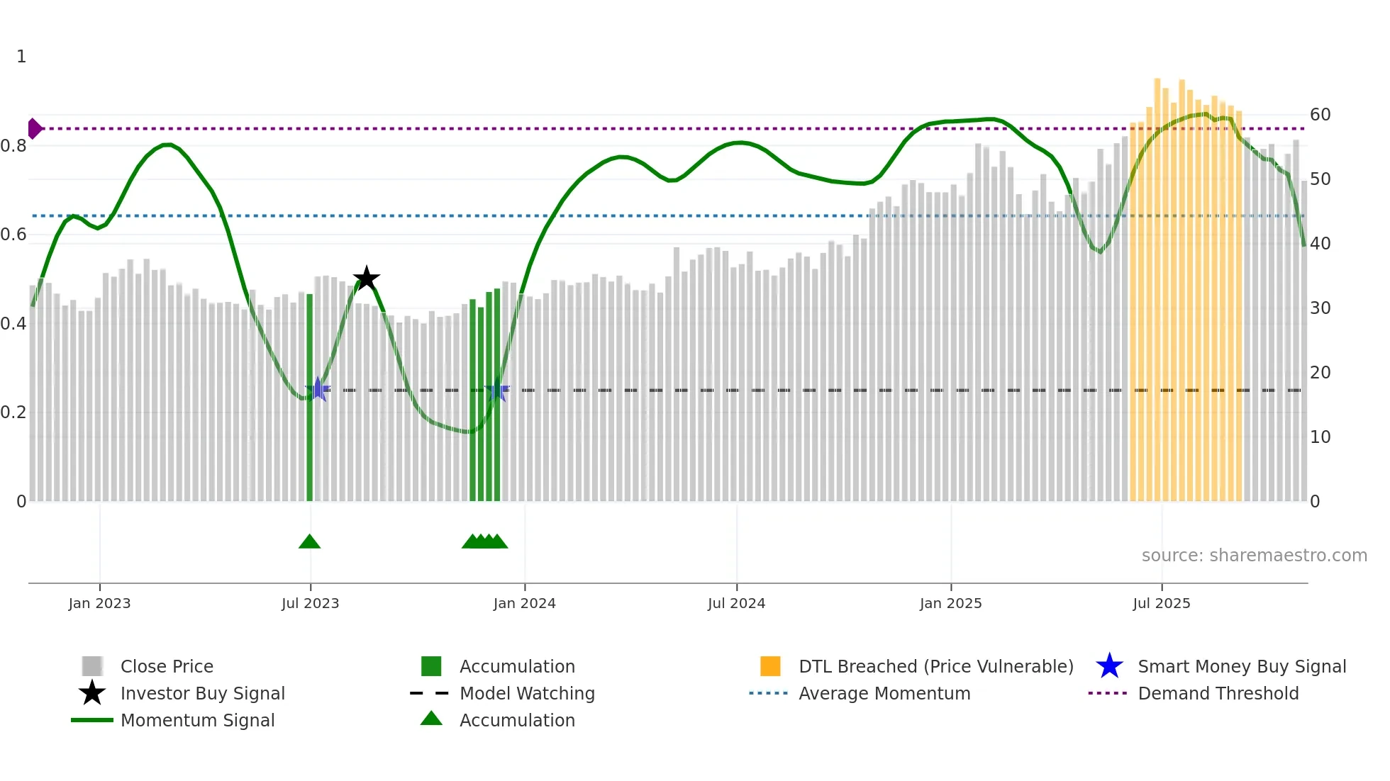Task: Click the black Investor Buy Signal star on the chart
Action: (367, 279)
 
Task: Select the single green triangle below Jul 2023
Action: (309, 542)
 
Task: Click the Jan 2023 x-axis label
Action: (99, 603)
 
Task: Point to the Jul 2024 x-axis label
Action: (736, 603)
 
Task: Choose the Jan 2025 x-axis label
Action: (950, 603)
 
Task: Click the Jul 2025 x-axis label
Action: (1161, 603)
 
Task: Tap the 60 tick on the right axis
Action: (1320, 115)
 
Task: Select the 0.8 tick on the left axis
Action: (13, 146)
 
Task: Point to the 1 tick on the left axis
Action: (21, 57)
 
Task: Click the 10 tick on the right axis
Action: (1320, 437)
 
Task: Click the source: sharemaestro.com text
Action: (1254, 556)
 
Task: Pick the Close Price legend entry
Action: (167, 666)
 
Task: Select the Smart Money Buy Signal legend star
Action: (1109, 666)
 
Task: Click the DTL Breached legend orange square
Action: (770, 666)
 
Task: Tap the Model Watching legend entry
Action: (526, 693)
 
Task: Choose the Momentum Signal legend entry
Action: (197, 720)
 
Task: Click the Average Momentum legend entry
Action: (884, 693)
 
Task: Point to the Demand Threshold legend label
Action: (1218, 693)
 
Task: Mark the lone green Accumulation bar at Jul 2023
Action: (309, 397)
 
